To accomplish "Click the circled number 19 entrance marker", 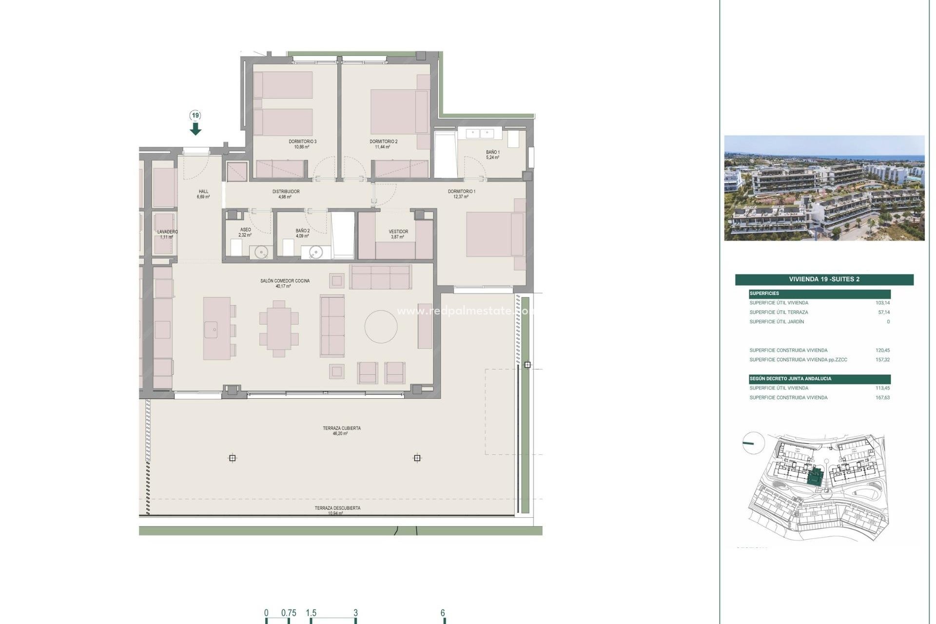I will [195, 116].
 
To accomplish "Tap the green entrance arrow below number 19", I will [195, 129].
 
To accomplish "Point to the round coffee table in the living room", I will [381, 327].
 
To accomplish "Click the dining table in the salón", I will [279, 329].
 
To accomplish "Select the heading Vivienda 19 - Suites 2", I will [824, 279].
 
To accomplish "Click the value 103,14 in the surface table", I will [882, 303].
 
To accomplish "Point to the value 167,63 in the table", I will [882, 398].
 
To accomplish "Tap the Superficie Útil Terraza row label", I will [779, 312].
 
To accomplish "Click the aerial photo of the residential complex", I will [824, 188].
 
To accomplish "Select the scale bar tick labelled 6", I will [443, 614].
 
